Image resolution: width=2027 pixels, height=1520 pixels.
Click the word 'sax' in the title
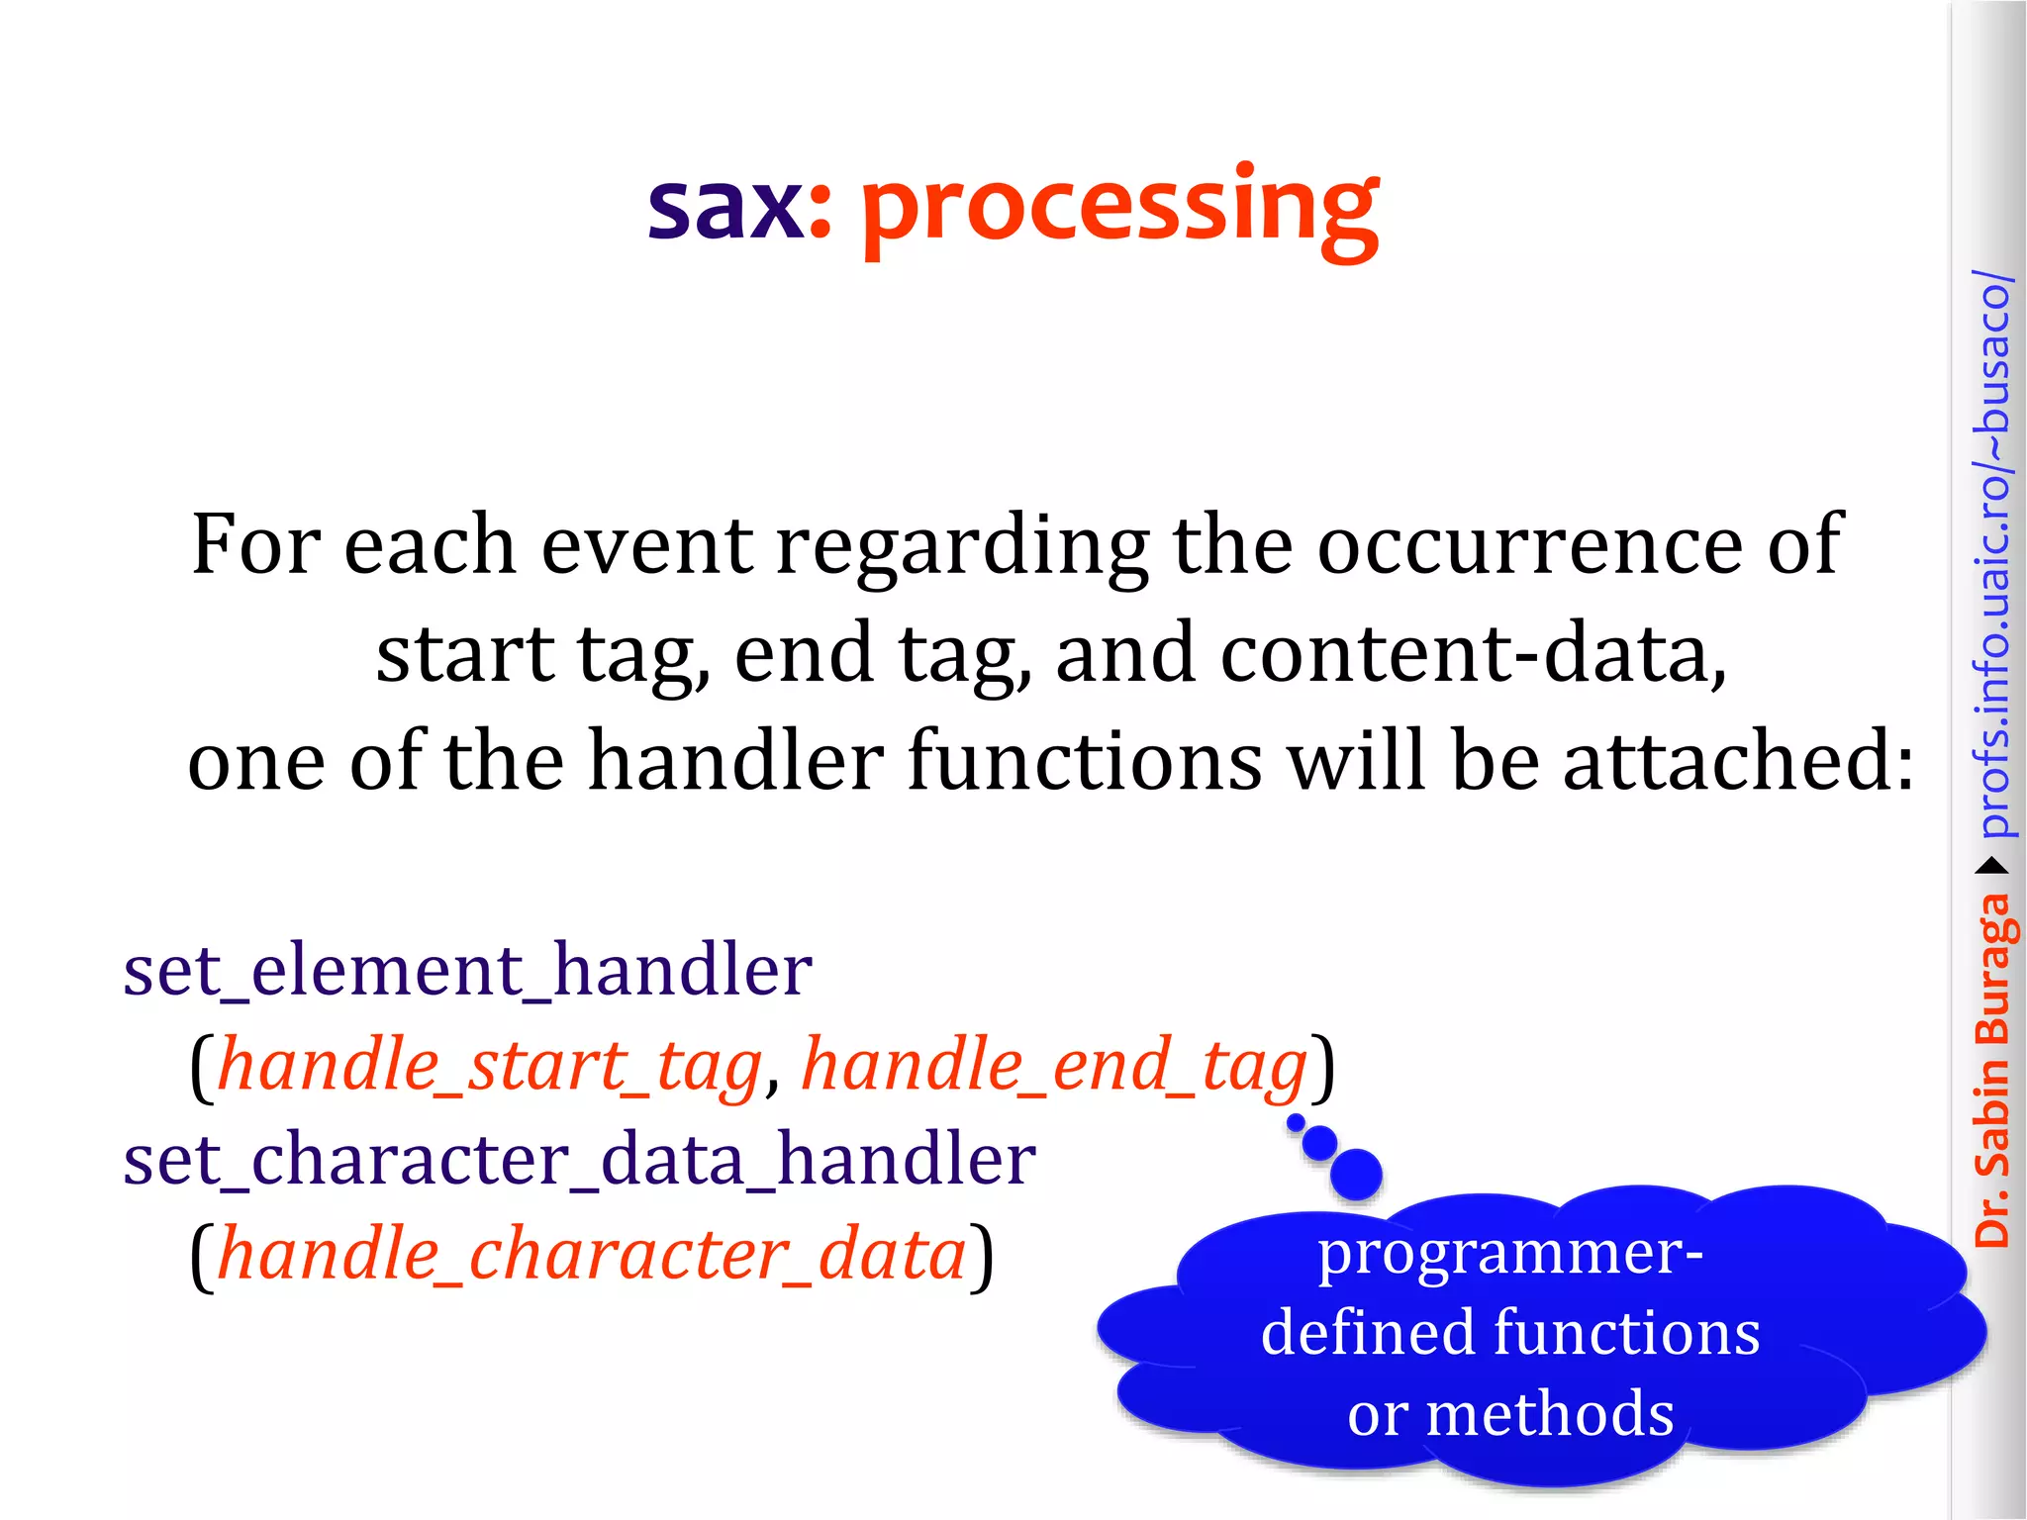726,208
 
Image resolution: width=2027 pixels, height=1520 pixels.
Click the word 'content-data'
1472,654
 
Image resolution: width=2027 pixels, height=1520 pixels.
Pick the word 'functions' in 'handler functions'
1084,761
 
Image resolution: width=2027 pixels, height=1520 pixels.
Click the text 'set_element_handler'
467,971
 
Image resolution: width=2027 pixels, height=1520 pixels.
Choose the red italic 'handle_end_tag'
1054,1067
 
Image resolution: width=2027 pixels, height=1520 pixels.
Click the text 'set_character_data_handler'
579,1160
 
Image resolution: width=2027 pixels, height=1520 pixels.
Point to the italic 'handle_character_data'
591,1255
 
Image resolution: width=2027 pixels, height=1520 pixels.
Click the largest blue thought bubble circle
1356,1175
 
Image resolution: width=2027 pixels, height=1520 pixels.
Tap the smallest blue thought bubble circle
1296,1122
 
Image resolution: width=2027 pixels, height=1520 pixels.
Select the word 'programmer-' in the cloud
1510,1253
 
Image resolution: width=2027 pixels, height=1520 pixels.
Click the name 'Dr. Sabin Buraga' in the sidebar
1991,1069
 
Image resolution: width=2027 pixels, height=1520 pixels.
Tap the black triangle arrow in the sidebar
1991,867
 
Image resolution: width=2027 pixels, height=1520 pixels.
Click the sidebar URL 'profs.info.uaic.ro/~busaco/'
1991,554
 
